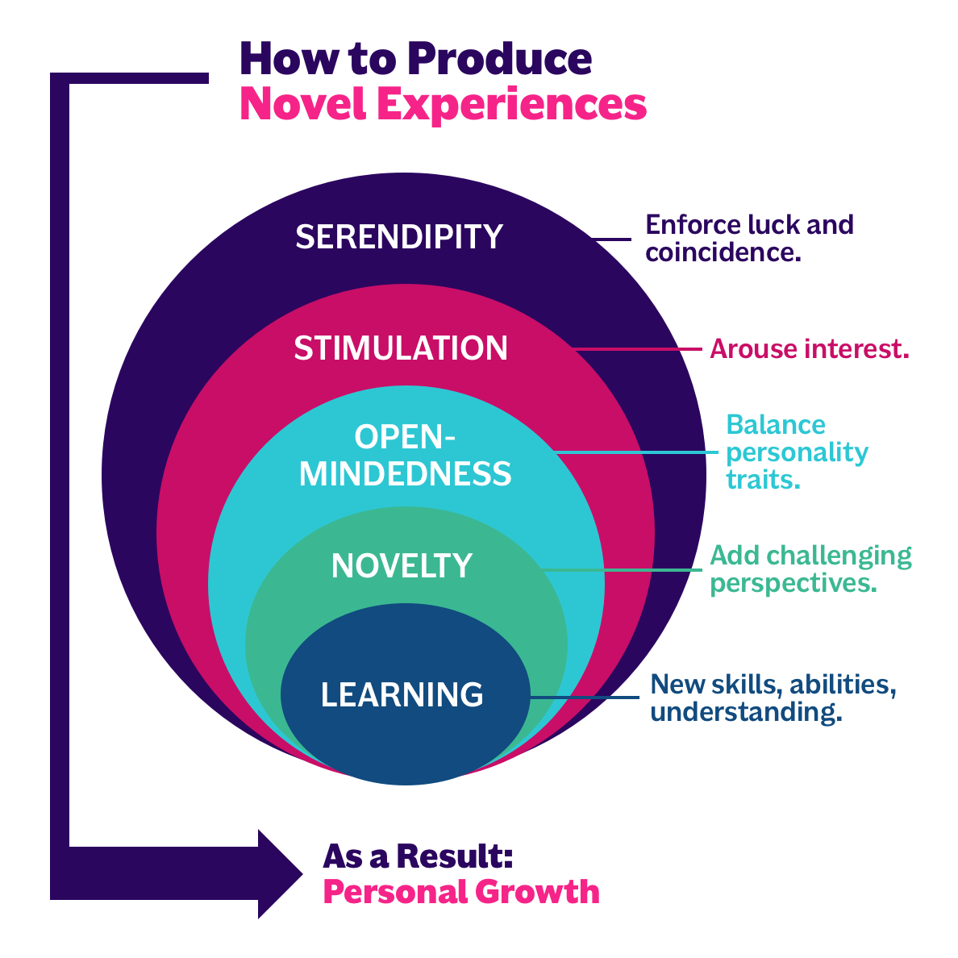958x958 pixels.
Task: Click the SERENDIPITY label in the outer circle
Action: [x=399, y=236]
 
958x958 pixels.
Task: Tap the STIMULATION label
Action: [x=401, y=348]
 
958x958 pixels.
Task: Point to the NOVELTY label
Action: [x=402, y=565]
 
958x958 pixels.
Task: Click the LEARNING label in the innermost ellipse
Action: [x=402, y=694]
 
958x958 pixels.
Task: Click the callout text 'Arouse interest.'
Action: [x=809, y=349]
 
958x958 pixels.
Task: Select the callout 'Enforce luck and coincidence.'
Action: [x=749, y=238]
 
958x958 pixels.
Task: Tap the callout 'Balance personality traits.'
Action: [x=796, y=452]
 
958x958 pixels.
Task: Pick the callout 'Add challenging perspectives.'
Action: [x=810, y=569]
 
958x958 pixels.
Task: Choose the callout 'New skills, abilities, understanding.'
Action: [x=773, y=698]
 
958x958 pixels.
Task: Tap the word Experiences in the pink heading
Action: [x=511, y=105]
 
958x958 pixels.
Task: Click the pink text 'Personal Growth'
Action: [x=461, y=892]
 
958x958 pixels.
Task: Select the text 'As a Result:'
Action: [x=418, y=856]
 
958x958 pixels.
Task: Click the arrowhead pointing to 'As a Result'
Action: [x=278, y=874]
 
